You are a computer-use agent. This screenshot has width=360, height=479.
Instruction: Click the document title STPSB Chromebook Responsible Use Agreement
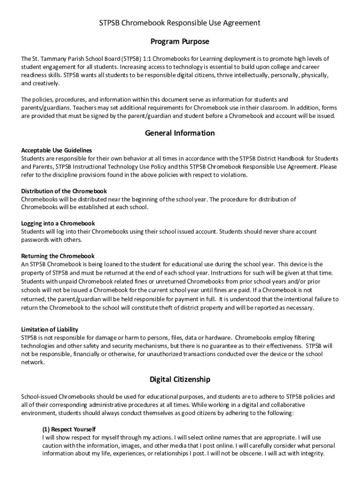[180, 22]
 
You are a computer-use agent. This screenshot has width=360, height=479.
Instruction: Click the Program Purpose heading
[180, 42]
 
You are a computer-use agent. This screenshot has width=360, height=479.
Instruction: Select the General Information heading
[180, 133]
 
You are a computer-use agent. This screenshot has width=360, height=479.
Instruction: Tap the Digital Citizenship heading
[180, 379]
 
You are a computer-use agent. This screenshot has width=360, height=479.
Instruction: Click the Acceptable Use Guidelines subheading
[57, 150]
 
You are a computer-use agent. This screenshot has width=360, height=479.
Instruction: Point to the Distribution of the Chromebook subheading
[64, 191]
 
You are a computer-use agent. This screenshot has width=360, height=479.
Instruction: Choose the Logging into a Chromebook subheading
[58, 223]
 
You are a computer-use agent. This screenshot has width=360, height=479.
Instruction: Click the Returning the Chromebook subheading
[58, 256]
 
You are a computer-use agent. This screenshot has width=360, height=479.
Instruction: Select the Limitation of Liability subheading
[50, 329]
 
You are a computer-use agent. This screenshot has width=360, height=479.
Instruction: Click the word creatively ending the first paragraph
[46, 83]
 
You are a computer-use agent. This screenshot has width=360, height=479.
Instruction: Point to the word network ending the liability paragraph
[33, 362]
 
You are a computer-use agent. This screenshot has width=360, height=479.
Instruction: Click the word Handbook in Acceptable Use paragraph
[293, 159]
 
